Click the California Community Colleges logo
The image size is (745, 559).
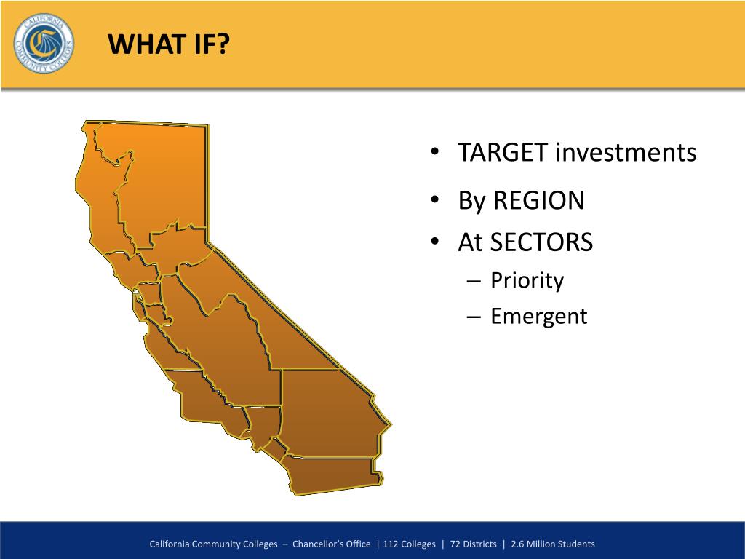(x=44, y=43)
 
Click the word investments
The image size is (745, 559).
(x=626, y=153)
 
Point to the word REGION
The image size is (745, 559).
(x=539, y=200)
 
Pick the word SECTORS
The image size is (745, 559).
(x=541, y=242)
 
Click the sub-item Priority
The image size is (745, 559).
(x=527, y=280)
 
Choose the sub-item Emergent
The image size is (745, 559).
(x=539, y=316)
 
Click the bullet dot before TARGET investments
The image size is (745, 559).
(x=434, y=152)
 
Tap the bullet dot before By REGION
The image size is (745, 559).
(x=434, y=199)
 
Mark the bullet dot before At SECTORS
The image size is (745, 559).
(x=434, y=242)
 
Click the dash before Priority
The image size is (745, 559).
(x=474, y=282)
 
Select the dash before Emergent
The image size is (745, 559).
(x=474, y=317)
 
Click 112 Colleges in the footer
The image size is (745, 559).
(x=409, y=544)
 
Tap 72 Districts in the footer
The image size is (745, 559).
(x=473, y=544)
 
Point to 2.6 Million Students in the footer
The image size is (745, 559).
(x=553, y=544)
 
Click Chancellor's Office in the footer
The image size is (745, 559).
(x=332, y=544)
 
